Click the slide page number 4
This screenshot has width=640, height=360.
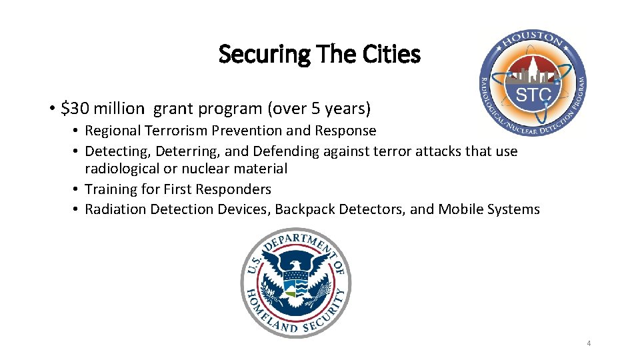(589, 343)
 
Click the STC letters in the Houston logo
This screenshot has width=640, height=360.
(533, 95)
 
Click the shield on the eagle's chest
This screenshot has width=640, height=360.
(295, 285)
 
